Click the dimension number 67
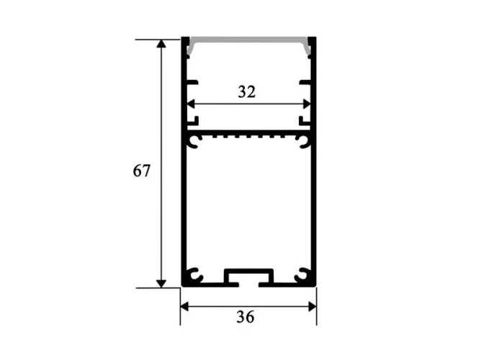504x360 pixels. (x=141, y=171)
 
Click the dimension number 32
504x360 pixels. (x=247, y=92)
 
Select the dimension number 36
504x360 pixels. (x=246, y=317)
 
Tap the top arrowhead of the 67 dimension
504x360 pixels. (x=161, y=44)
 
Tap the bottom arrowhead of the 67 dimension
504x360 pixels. (x=161, y=284)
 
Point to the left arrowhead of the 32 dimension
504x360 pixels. (x=191, y=104)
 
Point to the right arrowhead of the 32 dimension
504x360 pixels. (x=307, y=104)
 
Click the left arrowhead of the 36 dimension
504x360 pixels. (x=184, y=307)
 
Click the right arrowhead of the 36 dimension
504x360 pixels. (x=312, y=307)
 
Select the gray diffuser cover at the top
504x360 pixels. (x=249, y=40)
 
